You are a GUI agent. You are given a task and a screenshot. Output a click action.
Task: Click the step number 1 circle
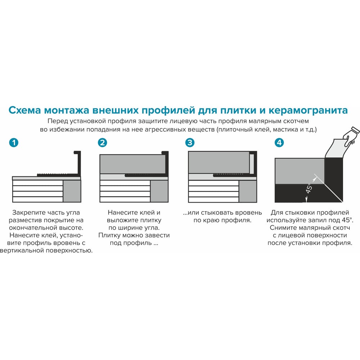click(14, 143)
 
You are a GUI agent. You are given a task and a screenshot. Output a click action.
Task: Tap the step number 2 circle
click(102, 143)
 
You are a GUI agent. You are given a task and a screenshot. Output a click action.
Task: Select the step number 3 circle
click(190, 143)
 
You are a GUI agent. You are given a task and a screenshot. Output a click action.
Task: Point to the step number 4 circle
click(279, 143)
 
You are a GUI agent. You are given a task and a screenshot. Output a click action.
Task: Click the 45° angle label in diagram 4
click(309, 188)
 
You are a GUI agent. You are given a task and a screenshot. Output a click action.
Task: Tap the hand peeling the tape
click(351, 136)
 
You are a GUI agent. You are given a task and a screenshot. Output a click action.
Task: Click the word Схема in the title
click(25, 110)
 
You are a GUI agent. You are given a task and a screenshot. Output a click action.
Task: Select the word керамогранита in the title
click(308, 111)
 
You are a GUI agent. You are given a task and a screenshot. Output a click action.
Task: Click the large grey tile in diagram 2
click(132, 164)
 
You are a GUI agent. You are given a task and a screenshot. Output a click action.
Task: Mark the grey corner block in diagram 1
click(72, 191)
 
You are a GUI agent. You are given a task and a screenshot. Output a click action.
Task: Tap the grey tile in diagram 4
click(300, 171)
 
